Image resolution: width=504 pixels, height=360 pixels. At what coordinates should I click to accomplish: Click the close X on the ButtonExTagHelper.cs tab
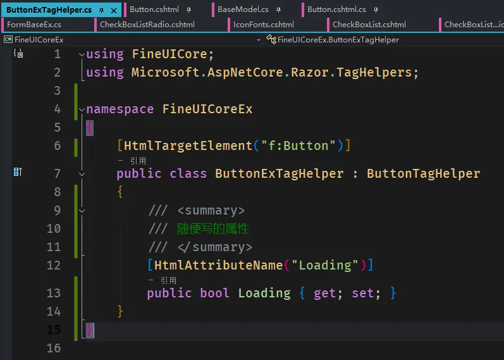pyautogui.click(x=113, y=11)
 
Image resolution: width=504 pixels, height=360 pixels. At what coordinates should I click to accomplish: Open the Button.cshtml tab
pyautogui.click(x=154, y=9)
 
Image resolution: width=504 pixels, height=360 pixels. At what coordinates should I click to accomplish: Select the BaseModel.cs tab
pyautogui.click(x=243, y=9)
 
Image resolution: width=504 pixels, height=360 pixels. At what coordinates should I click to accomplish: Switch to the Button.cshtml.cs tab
pyautogui.click(x=336, y=9)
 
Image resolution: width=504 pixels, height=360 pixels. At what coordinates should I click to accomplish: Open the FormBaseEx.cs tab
pyautogui.click(x=34, y=25)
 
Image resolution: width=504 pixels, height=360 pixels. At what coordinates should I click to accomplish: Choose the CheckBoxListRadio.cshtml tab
pyautogui.click(x=147, y=25)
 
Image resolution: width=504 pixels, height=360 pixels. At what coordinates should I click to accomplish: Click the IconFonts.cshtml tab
pyautogui.click(x=264, y=25)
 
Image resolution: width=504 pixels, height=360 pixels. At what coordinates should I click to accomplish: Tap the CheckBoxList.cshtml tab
pyautogui.click(x=369, y=25)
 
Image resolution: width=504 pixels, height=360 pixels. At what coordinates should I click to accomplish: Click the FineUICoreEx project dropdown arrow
pyautogui.click(x=259, y=40)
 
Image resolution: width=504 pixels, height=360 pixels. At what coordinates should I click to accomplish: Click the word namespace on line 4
pyautogui.click(x=120, y=109)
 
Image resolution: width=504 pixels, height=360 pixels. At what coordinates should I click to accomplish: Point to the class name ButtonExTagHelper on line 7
pyautogui.click(x=279, y=174)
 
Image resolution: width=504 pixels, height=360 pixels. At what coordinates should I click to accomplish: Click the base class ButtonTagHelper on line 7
pyautogui.click(x=423, y=174)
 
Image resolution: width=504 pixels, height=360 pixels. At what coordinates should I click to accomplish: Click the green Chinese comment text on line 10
pyautogui.click(x=212, y=229)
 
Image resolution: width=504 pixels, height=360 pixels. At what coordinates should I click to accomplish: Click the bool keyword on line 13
pyautogui.click(x=214, y=293)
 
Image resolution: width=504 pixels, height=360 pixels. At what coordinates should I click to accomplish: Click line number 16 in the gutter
pyautogui.click(x=54, y=348)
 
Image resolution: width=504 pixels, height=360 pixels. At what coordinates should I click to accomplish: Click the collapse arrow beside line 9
pyautogui.click(x=82, y=211)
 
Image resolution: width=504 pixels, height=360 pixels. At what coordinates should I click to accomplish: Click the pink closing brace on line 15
pyautogui.click(x=90, y=330)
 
